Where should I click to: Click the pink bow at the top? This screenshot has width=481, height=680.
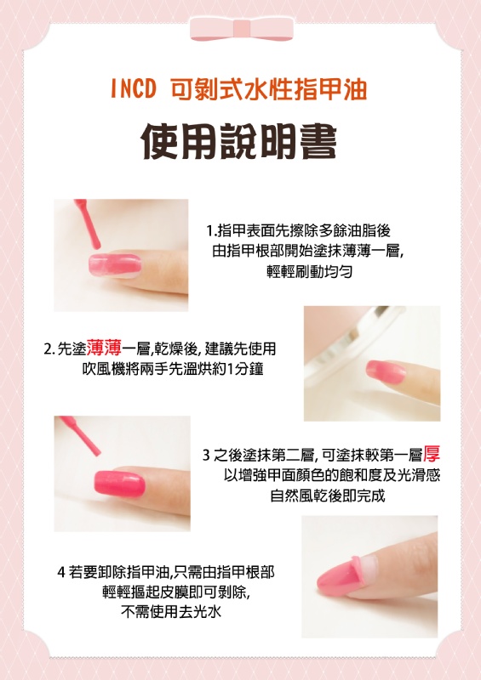click(242, 30)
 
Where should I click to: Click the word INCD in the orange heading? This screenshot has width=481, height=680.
click(133, 89)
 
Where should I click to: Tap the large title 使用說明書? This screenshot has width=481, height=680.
click(239, 141)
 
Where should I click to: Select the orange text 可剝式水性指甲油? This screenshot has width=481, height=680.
click(269, 89)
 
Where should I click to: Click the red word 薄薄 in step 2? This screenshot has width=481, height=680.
click(104, 348)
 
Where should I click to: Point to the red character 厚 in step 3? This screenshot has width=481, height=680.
click(432, 454)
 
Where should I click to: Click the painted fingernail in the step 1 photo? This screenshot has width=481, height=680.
click(115, 265)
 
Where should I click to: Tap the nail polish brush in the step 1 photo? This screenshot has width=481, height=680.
click(88, 224)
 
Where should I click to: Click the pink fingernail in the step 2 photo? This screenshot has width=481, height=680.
click(386, 371)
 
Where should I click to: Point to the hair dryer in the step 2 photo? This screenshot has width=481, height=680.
click(347, 343)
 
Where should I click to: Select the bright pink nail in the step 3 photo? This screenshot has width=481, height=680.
click(119, 483)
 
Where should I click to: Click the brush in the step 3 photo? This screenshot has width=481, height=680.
click(80, 435)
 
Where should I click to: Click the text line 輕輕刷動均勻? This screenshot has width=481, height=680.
click(309, 271)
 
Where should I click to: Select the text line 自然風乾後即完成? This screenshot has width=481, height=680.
click(328, 496)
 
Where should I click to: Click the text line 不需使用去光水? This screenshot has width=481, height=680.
click(171, 611)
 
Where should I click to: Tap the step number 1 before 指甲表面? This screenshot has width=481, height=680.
click(209, 230)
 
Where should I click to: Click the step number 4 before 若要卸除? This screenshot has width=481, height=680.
click(60, 572)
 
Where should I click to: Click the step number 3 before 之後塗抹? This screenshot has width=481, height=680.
click(206, 456)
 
